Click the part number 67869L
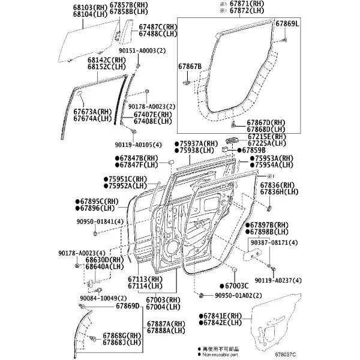(287, 23)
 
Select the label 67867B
(190, 67)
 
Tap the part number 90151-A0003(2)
(142, 50)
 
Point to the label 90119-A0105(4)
(138, 145)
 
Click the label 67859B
(251, 150)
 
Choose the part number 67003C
(234, 286)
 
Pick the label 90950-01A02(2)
(238, 295)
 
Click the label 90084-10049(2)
(103, 298)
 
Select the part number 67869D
(128, 306)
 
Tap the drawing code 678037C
(286, 355)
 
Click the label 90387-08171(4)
(274, 242)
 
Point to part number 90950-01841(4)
(100, 221)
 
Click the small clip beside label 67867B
(186, 82)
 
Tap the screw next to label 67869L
(284, 40)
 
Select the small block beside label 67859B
(225, 149)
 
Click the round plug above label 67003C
(234, 269)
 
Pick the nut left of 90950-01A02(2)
(201, 295)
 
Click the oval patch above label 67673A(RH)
(79, 93)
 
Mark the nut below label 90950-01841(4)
(95, 234)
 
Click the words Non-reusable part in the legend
(220, 355)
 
